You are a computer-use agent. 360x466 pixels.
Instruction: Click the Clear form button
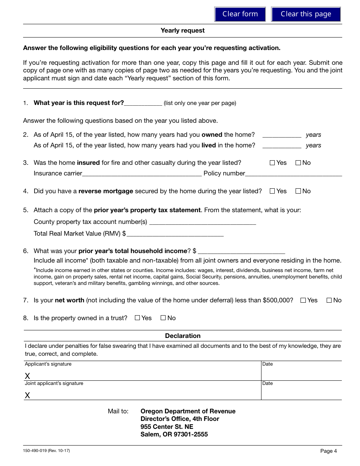click(240, 14)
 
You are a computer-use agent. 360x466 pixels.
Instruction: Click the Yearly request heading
click(182, 31)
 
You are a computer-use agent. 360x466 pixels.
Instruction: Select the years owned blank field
click(282, 135)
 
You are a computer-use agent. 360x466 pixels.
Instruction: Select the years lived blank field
click(282, 145)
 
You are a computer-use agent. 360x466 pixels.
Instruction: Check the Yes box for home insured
click(272, 163)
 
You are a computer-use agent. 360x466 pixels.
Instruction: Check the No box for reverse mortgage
click(298, 191)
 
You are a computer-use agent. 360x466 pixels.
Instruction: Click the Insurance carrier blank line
click(142, 174)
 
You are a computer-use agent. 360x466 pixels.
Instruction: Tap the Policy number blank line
click(293, 174)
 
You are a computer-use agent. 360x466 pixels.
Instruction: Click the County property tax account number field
click(202, 222)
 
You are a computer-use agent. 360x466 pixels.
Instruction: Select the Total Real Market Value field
click(175, 234)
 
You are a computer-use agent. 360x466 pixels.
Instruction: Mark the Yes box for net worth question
click(303, 300)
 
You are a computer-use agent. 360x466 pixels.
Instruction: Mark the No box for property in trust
click(163, 318)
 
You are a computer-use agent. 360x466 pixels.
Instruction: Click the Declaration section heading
click(182, 336)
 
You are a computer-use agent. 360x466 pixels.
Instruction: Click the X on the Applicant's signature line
click(27, 376)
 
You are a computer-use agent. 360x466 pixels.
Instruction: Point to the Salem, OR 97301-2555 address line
click(174, 435)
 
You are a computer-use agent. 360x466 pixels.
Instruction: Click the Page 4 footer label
click(328, 451)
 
